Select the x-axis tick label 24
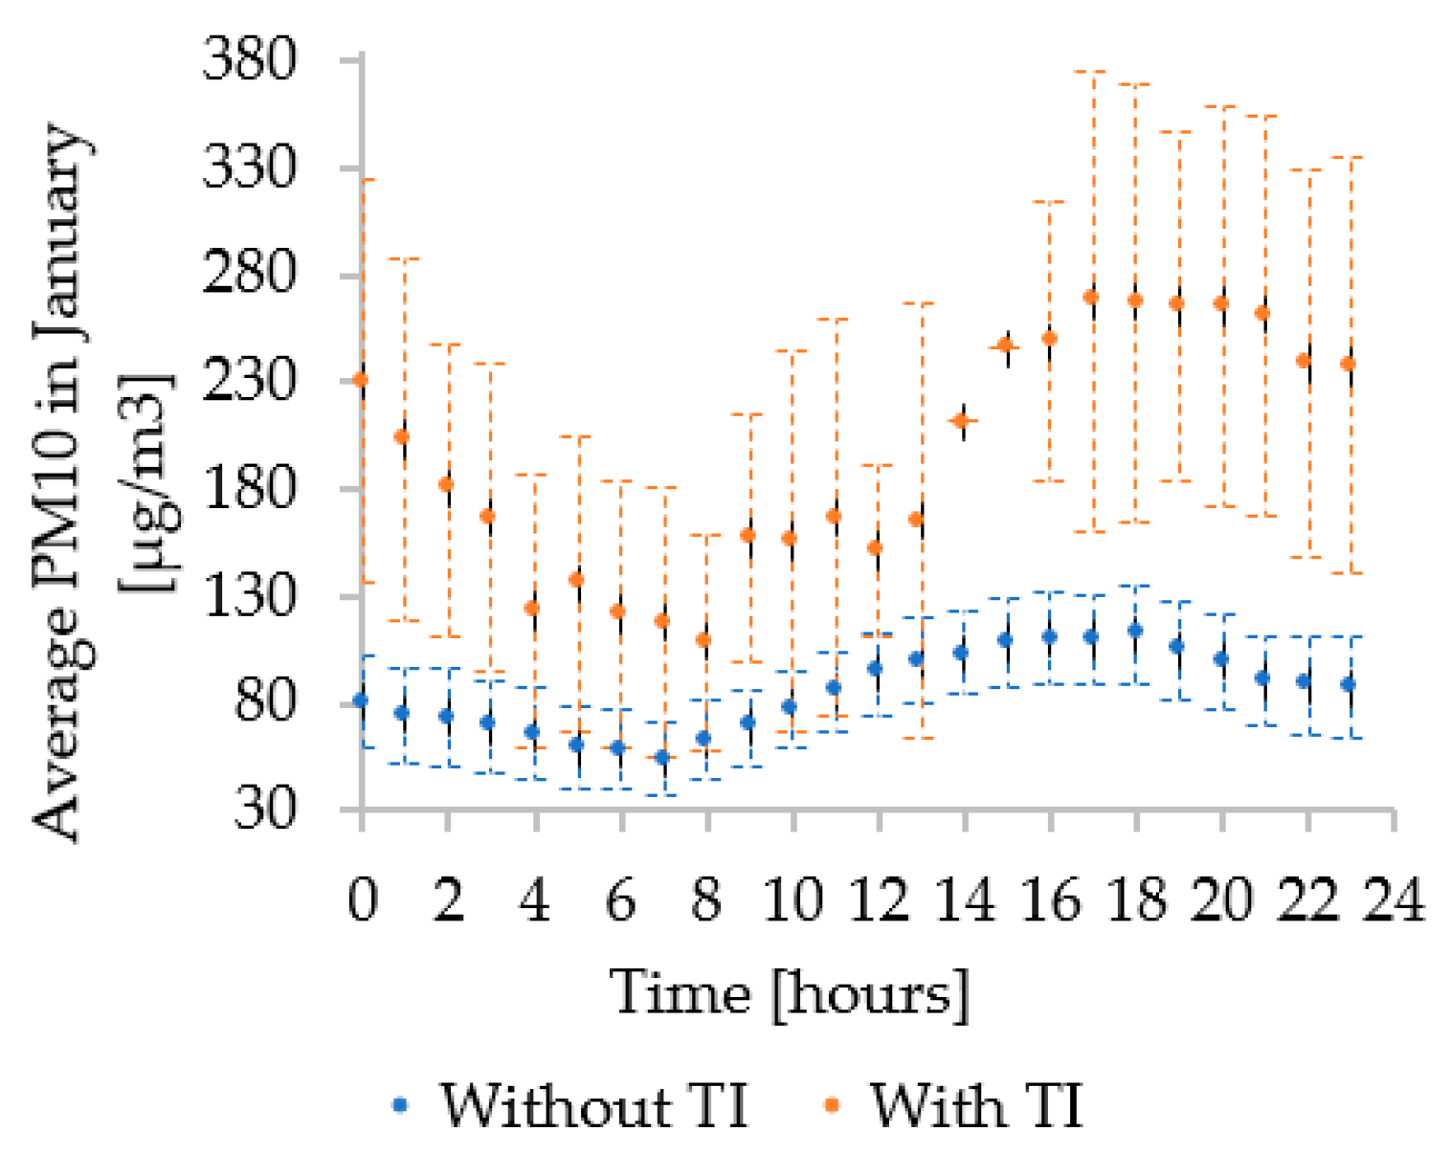pyautogui.click(x=1394, y=899)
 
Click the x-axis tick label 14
pyautogui.click(x=964, y=899)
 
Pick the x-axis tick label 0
pyautogui.click(x=362, y=899)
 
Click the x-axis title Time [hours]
pyautogui.click(x=790, y=992)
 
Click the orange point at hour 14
pyautogui.click(x=964, y=420)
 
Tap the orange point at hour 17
pyautogui.click(x=1091, y=298)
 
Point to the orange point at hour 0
pyautogui.click(x=361, y=380)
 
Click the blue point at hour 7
pyautogui.click(x=661, y=758)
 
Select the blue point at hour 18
pyautogui.click(x=1135, y=631)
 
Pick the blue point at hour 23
pyautogui.click(x=1349, y=684)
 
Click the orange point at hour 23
pyautogui.click(x=1349, y=364)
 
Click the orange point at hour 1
pyautogui.click(x=402, y=436)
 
